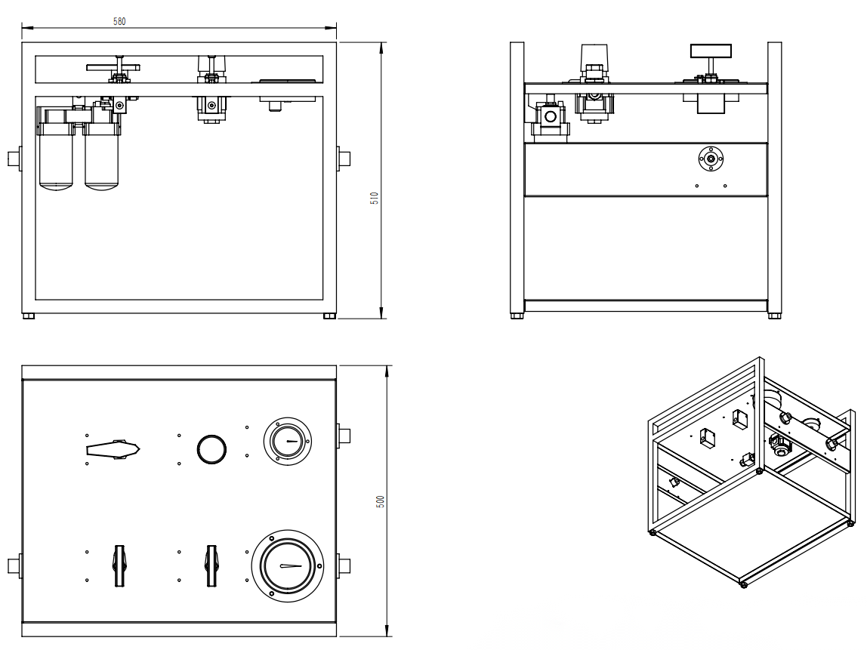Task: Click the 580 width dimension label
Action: click(119, 21)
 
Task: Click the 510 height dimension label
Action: click(374, 198)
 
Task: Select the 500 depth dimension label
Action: click(381, 501)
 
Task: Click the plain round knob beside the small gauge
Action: click(211, 448)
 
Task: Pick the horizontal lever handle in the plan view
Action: click(114, 450)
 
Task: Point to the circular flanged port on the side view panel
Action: click(711, 159)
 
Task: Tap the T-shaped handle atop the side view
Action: click(711, 52)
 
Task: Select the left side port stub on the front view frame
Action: click(14, 159)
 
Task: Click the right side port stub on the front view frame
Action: click(344, 159)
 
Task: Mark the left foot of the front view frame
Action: click(29, 316)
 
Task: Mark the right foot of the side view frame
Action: click(775, 316)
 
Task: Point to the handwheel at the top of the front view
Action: click(114, 67)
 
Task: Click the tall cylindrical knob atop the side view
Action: click(594, 57)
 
